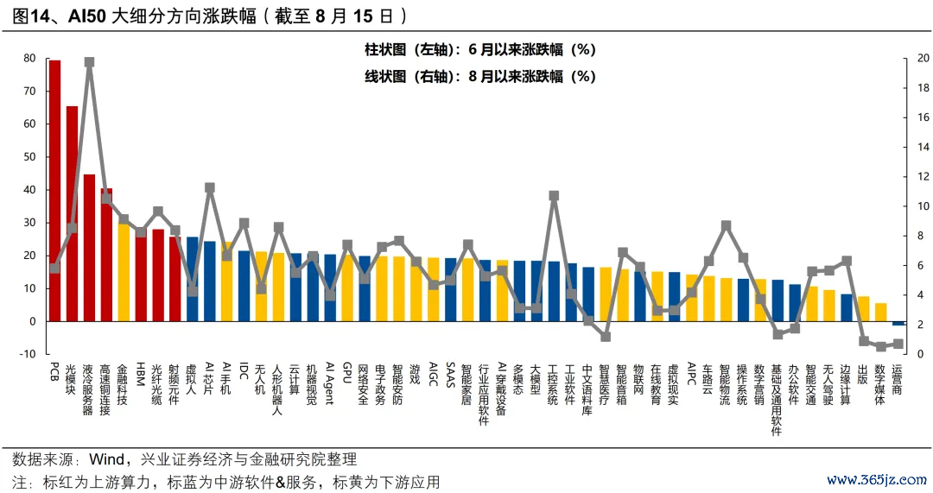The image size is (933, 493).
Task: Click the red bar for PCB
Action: tap(54, 190)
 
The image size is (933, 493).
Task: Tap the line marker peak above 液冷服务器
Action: tap(89, 62)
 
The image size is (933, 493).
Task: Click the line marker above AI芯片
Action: tap(210, 187)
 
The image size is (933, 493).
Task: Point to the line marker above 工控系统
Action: tap(554, 196)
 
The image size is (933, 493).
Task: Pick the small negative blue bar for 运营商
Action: tap(898, 323)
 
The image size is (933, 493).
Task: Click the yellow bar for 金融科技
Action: tap(124, 272)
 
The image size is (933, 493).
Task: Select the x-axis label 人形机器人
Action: tap(278, 389)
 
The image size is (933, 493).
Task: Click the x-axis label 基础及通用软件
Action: tap(777, 398)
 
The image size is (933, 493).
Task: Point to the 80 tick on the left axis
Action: tap(29, 59)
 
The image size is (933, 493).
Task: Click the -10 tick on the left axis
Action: tap(27, 354)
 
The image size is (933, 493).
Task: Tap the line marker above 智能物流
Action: tap(726, 226)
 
